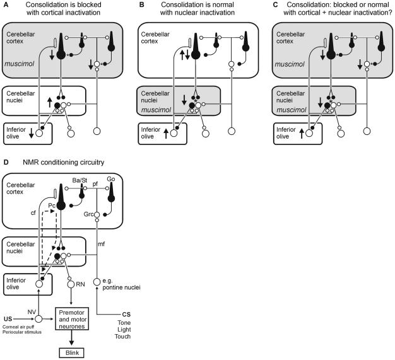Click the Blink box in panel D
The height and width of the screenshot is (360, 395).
coord(71,352)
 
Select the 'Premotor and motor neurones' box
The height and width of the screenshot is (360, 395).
coord(72,319)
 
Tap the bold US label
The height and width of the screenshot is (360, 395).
coord(8,319)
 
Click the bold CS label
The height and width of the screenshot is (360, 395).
coord(126,315)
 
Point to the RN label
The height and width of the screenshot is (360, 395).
coord(80,284)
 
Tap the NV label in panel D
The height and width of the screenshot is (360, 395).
coord(32,312)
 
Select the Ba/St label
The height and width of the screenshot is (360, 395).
coord(80,180)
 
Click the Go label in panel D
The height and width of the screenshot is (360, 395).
coord(111,179)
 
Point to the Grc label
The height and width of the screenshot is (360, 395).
coord(88,214)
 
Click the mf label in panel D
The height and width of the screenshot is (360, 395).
coord(101,244)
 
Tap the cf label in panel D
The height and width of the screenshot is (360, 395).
coord(33,212)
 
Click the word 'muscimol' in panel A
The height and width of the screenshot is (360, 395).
coord(20,64)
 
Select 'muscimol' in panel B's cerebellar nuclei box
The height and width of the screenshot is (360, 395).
coord(156,110)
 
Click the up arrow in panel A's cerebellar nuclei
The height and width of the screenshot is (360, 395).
coord(50,103)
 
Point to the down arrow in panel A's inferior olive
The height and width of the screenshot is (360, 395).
coord(32,133)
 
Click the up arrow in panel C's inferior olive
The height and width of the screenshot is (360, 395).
coord(302,133)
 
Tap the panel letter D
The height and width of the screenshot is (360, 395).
coord(6,162)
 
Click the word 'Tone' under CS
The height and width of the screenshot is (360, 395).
coord(124,323)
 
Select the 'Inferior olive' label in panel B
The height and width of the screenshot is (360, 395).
coord(151,133)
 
